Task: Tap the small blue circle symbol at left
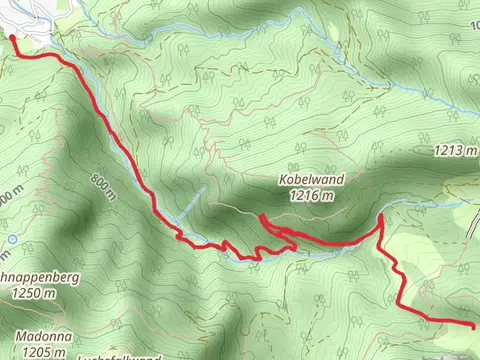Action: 10,240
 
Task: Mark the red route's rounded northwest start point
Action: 13,38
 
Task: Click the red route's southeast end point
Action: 472,324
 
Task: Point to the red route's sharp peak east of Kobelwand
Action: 381,217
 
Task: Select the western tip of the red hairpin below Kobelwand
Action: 261,217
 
